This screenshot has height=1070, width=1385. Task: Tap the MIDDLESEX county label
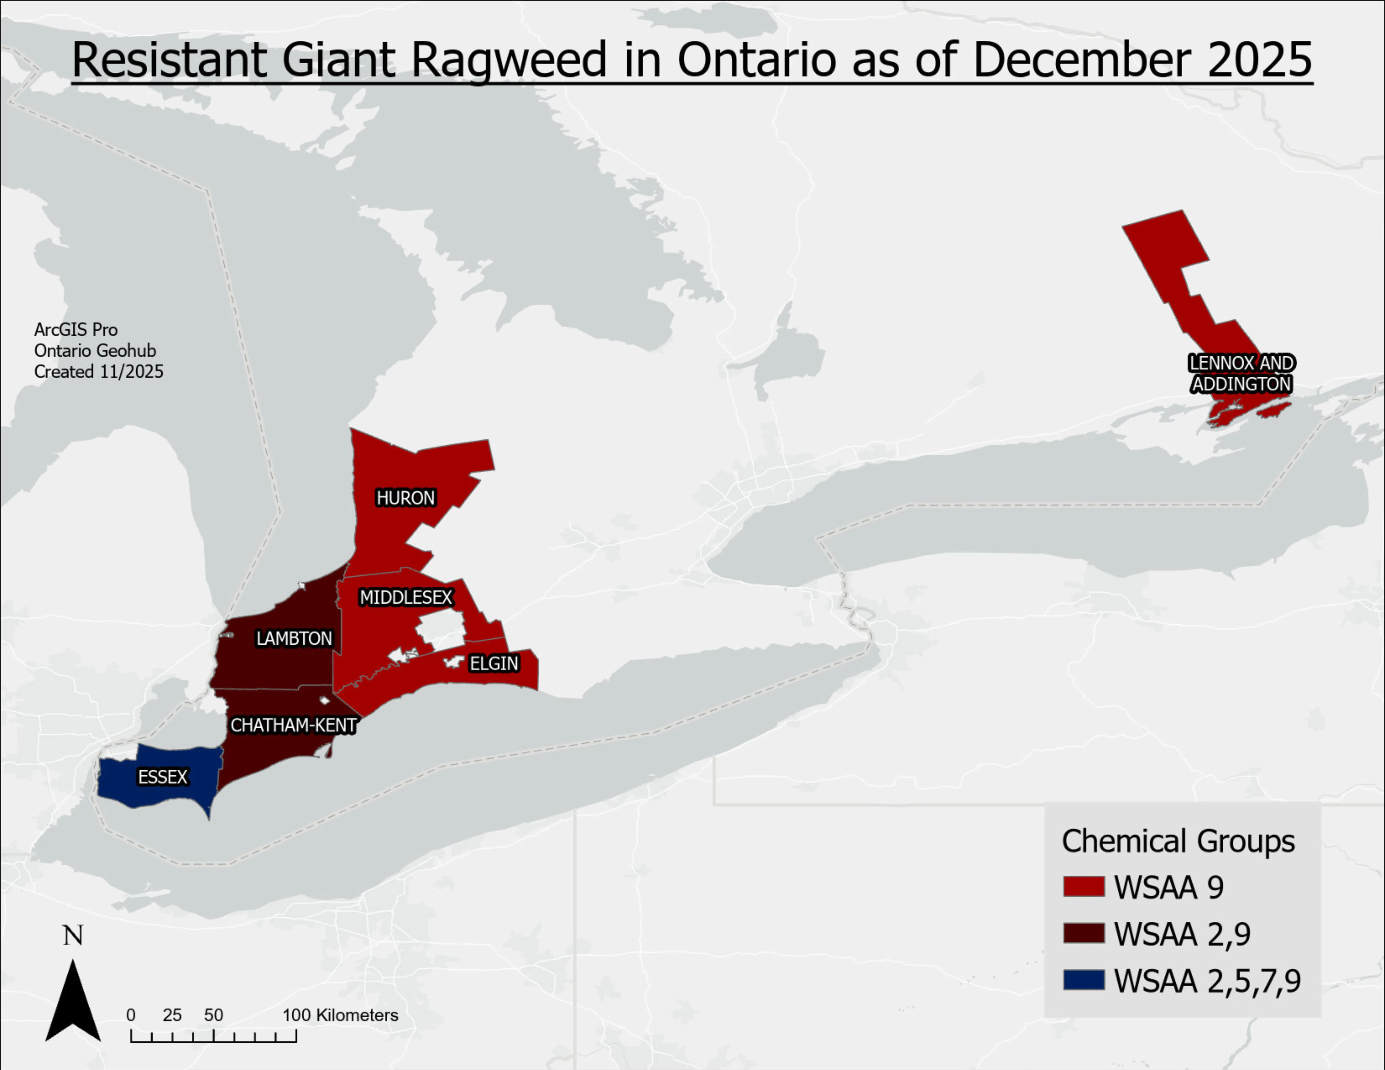pos(406,597)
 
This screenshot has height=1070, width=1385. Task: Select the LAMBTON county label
pos(294,638)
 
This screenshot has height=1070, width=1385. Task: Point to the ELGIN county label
pos(494,664)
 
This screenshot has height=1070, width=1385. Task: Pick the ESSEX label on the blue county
pos(163,777)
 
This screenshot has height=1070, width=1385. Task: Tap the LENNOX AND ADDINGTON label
pos(1241,373)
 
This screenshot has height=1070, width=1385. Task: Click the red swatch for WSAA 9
pos(1084,886)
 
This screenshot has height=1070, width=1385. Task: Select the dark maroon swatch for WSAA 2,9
pos(1084,933)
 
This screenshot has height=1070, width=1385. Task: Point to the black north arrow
pos(73,1002)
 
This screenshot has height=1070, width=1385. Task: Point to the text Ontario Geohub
pos(95,351)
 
